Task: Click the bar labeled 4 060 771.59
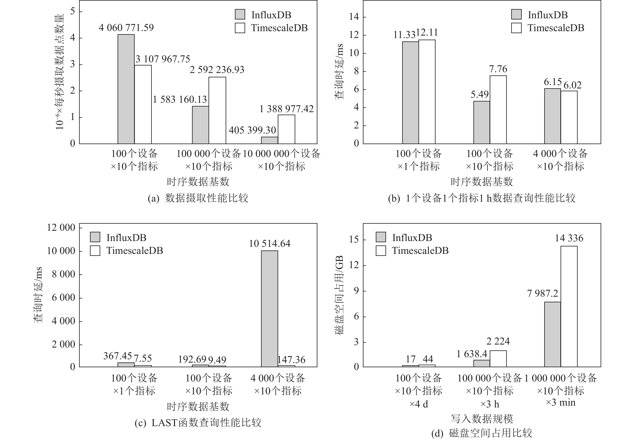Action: tap(126, 89)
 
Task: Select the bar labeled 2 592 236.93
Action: tap(217, 110)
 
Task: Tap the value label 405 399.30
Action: tap(252, 130)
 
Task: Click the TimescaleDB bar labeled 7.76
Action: tap(498, 110)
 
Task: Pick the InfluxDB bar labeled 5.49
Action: tap(482, 122)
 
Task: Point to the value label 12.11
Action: tap(427, 33)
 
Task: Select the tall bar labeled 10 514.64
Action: tap(269, 309)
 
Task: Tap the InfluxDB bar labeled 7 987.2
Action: tap(552, 334)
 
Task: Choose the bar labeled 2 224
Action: tap(498, 358)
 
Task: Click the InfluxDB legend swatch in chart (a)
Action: tap(240, 15)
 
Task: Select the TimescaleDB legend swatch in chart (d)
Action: tap(381, 251)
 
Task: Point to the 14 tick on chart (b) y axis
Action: tap(354, 17)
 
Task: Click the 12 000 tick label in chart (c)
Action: tap(61, 228)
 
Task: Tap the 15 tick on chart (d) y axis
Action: tap(354, 239)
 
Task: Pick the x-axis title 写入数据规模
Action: tap(482, 418)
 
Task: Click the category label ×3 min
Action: tap(561, 403)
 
